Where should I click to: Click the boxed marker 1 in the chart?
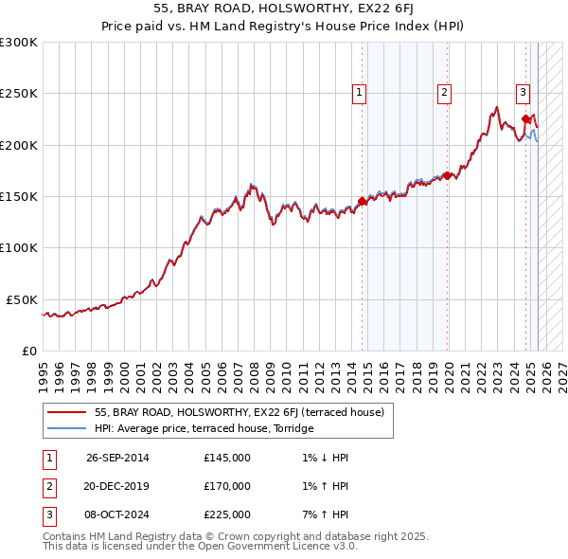(361, 92)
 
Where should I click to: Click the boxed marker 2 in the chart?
(444, 92)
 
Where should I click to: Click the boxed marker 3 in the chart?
(523, 92)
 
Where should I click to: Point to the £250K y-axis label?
(19, 94)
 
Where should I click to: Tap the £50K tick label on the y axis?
(23, 299)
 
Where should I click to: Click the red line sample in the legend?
(67, 413)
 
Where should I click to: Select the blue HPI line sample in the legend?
(67, 429)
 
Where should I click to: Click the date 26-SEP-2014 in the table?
(117, 458)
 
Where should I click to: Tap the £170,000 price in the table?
(227, 486)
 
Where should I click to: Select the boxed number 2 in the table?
(48, 486)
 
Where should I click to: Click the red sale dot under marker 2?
(447, 175)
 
